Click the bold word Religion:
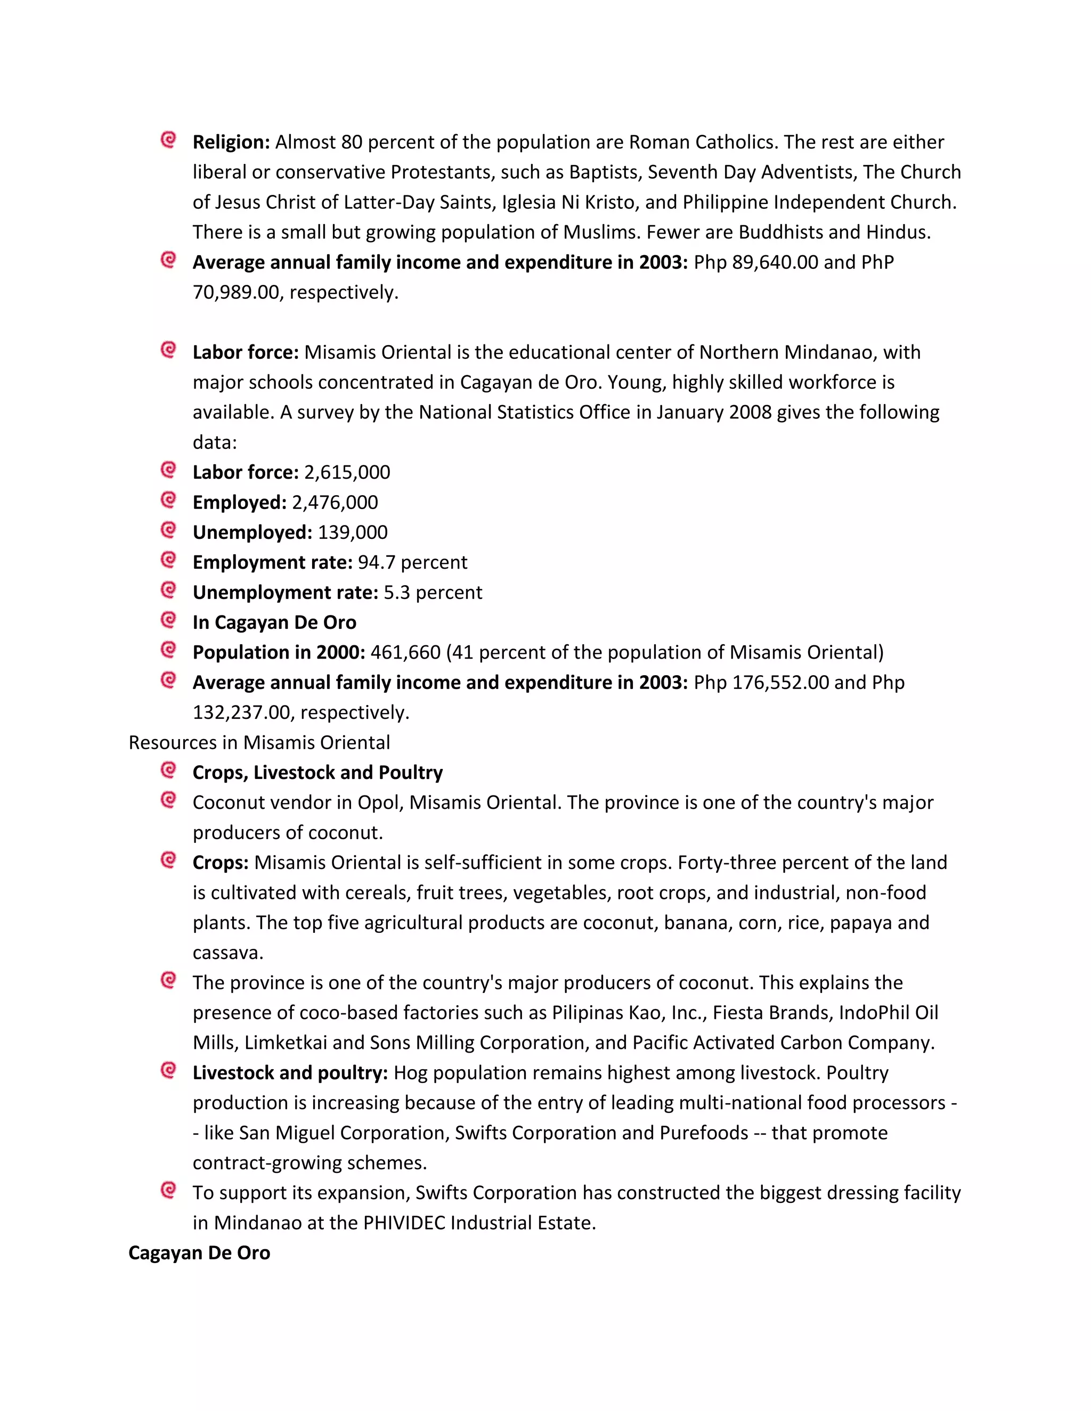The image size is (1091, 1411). click(x=231, y=142)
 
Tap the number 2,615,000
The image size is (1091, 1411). click(x=347, y=472)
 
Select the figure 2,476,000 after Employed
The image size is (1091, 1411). click(x=335, y=502)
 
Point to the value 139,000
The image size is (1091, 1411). click(x=353, y=532)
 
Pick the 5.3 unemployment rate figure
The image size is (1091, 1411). click(x=397, y=593)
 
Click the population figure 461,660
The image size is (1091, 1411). click(x=405, y=653)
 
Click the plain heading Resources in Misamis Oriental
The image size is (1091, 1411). click(x=259, y=742)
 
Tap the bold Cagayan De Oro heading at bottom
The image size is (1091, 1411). click(x=199, y=1253)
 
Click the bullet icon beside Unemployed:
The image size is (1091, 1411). click(x=168, y=530)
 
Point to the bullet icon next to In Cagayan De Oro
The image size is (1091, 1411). click(x=168, y=620)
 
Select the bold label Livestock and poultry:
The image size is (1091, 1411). click(x=290, y=1072)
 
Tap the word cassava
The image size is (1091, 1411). click(x=227, y=953)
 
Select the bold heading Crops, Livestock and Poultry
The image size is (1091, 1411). click(x=317, y=773)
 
